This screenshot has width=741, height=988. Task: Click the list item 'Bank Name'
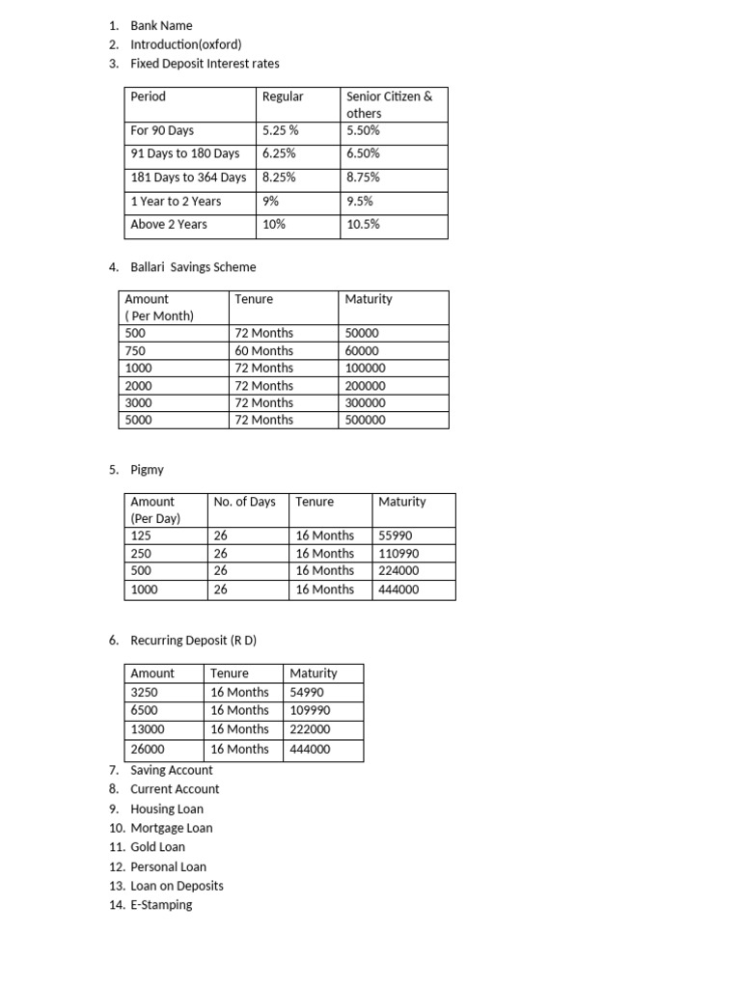[161, 26]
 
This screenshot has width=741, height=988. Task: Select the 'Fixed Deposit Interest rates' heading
[205, 64]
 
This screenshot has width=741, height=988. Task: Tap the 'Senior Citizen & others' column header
[389, 104]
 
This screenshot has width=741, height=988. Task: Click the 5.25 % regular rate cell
[281, 130]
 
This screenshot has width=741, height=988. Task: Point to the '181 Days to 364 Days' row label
[188, 178]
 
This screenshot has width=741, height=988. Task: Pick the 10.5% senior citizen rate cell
[363, 224]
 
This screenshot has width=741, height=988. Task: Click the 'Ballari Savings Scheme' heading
[193, 267]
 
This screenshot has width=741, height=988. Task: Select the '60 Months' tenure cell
[263, 351]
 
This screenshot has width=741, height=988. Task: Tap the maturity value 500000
[365, 421]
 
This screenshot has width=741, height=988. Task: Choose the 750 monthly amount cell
[135, 351]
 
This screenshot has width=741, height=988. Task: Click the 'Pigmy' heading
[148, 470]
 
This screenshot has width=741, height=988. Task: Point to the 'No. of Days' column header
[244, 502]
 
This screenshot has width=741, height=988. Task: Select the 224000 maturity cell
[398, 570]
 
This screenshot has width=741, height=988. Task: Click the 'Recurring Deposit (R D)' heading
[194, 641]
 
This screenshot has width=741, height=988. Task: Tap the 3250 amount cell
[144, 692]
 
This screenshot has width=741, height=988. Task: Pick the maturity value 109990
[310, 710]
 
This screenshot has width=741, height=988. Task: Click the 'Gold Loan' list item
[157, 847]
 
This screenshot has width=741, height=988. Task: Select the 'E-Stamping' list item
[161, 905]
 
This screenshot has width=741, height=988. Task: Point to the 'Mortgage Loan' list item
[171, 828]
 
